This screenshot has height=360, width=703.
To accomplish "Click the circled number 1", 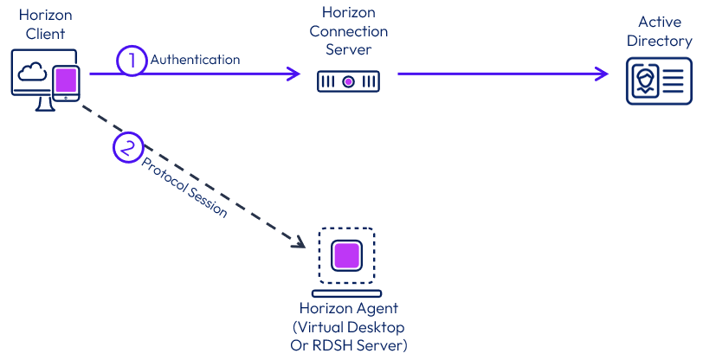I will pos(132,61).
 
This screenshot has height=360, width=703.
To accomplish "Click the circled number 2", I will pos(128,146).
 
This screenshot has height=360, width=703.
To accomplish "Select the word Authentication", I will pos(195,60).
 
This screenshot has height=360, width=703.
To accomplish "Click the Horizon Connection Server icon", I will pos(348,81).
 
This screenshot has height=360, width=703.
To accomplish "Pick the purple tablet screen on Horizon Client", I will pos(65,82).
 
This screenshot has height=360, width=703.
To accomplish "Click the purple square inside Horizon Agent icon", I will pos(346,256).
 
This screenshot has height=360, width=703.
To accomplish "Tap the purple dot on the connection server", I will pos(348,81).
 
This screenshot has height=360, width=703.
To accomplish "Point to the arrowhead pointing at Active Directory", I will pos(603,74).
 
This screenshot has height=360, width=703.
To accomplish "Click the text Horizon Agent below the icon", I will pos(349,309).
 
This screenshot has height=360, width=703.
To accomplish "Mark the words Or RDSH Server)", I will pos(349,345).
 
